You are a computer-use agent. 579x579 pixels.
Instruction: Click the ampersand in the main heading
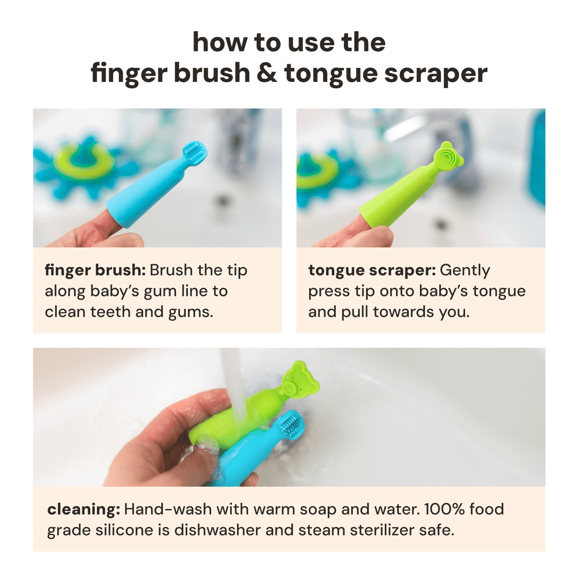266,73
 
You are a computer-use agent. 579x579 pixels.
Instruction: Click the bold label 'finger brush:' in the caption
95,270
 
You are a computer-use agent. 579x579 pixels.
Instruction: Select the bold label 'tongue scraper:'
371,270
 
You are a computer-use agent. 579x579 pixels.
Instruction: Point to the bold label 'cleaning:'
83,509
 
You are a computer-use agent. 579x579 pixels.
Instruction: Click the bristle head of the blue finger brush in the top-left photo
195,153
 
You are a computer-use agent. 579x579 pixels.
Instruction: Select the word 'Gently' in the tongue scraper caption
465,271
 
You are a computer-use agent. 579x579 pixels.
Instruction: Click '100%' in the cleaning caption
444,509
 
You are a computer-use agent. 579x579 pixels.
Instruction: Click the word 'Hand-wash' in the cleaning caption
167,509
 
